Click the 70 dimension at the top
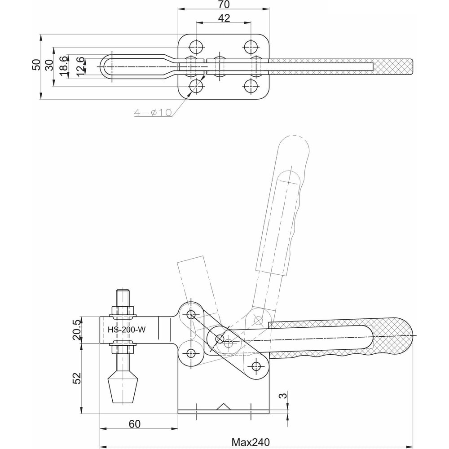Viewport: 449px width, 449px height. pyautogui.click(x=224, y=4)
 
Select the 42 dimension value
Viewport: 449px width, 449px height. pyautogui.click(x=224, y=18)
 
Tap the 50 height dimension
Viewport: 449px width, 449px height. pyautogui.click(x=36, y=65)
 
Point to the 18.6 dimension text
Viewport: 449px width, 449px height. pyautogui.click(x=64, y=66)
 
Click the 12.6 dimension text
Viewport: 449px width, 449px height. pyautogui.click(x=81, y=66)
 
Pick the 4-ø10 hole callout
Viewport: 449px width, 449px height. pyautogui.click(x=153, y=112)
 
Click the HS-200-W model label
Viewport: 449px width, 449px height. pyautogui.click(x=127, y=330)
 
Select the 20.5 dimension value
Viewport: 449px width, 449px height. pyautogui.click(x=76, y=330)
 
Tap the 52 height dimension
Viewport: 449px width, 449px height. pyautogui.click(x=77, y=378)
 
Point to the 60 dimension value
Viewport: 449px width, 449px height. pyautogui.click(x=135, y=424)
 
